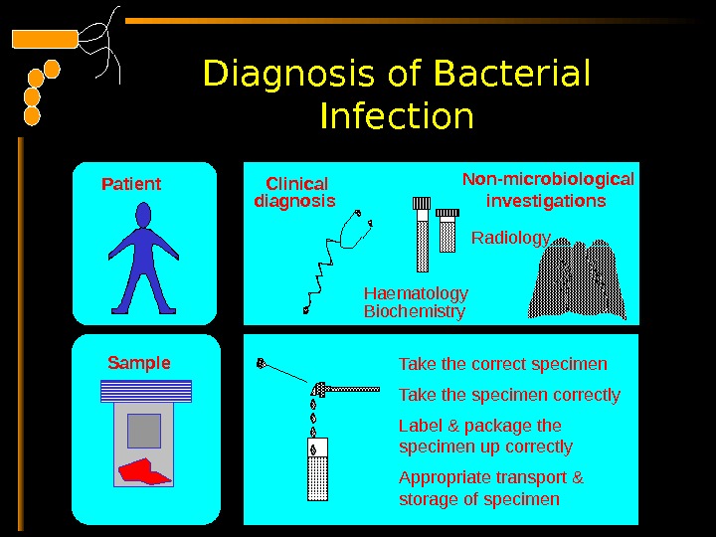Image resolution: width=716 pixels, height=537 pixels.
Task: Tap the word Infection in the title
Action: pos(397,117)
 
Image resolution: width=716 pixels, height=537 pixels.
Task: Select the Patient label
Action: pos(131,184)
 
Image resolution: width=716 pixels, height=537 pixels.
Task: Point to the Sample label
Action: pos(138,363)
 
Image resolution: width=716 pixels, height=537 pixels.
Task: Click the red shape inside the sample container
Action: pos(144,469)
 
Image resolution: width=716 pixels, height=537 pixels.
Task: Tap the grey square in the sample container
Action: pos(144,430)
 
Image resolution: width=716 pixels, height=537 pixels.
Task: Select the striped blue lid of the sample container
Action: pos(144,391)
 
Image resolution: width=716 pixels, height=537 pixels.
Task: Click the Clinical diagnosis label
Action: pos(295,192)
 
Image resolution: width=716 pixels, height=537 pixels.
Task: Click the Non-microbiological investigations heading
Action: pos(548,190)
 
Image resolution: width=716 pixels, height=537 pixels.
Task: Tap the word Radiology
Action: pos(510,238)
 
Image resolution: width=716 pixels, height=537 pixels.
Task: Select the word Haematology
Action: pos(416,293)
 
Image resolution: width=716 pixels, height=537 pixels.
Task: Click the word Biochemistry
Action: pos(415,311)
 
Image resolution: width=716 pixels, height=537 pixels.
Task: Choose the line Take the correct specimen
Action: pos(502,363)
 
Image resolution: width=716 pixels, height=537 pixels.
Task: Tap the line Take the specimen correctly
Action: pos(509,395)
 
